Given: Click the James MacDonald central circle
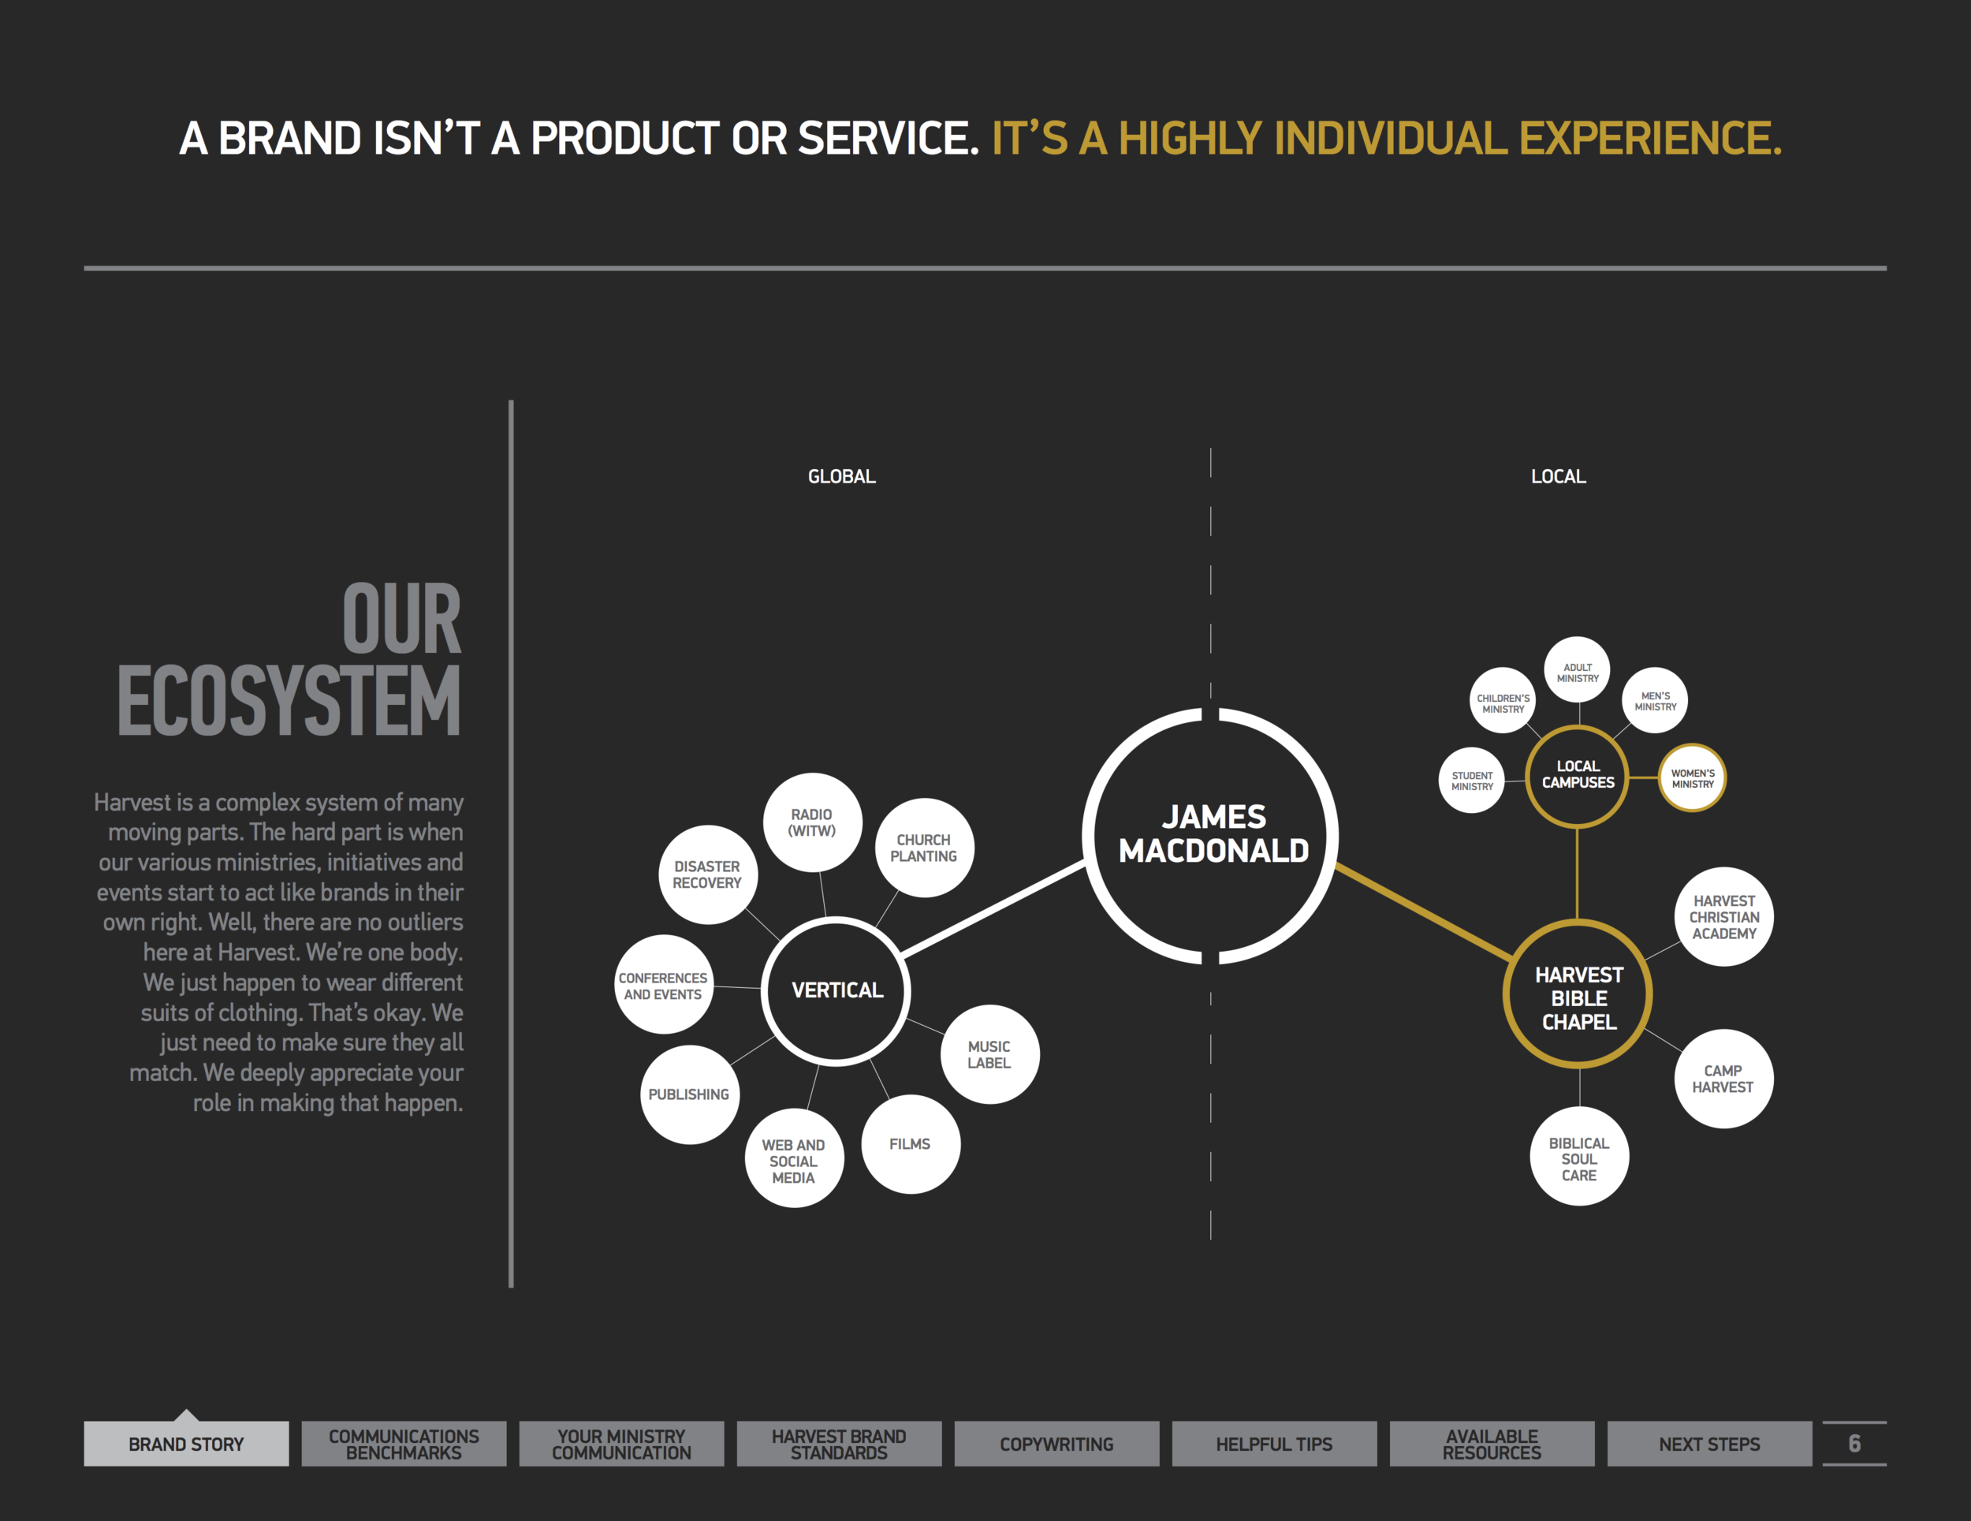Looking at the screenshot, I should click(1211, 835).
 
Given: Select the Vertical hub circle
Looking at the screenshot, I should click(836, 991).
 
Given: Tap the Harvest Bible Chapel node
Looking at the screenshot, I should click(1578, 997).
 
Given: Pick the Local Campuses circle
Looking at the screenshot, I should click(1577, 775).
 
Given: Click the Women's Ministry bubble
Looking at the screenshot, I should click(1692, 778).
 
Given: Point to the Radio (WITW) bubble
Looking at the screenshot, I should click(812, 822).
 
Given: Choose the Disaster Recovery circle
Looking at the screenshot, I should click(707, 874).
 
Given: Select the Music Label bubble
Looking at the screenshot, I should click(989, 1054).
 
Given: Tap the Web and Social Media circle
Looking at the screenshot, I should click(793, 1161).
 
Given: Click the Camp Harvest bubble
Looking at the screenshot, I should click(1723, 1079).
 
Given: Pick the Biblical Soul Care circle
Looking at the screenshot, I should click(1578, 1158).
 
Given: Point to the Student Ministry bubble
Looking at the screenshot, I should click(1472, 781).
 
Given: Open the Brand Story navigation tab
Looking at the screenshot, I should click(186, 1445).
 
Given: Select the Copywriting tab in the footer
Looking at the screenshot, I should click(1056, 1445).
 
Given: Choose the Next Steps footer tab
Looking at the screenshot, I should click(1708, 1445).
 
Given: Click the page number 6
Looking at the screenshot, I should click(1854, 1444).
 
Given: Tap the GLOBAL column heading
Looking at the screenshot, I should click(841, 476).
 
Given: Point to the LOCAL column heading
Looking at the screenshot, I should click(1558, 476).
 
